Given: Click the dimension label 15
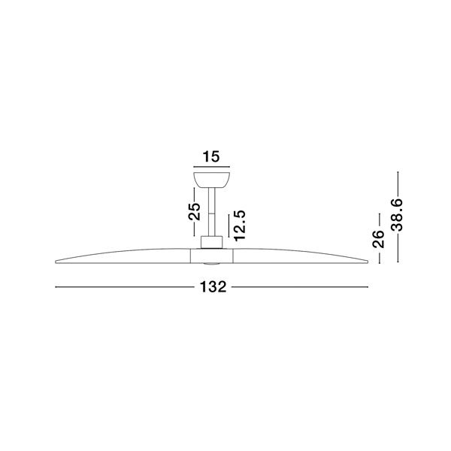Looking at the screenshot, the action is [211, 157].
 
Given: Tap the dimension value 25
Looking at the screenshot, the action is [195, 211].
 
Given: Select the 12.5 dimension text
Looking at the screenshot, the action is [240, 225].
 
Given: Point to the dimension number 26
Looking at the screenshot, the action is [379, 239].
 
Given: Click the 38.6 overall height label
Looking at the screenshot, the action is [397, 214].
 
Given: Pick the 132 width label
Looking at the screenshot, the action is [213, 287].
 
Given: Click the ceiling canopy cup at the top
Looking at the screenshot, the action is [211, 180].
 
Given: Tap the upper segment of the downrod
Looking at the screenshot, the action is [211, 201].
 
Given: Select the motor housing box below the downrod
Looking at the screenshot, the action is [211, 243].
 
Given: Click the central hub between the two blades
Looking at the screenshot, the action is [212, 256].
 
